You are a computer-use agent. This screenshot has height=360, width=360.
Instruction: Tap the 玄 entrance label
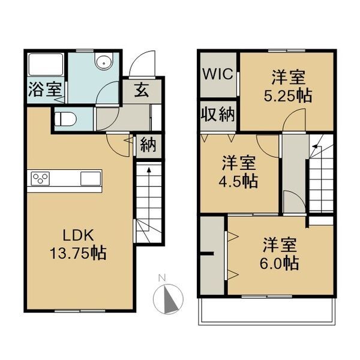coord(142,91)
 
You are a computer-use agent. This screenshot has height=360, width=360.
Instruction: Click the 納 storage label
coord(148,145)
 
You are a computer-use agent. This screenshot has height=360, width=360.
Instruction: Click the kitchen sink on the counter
coord(91,178)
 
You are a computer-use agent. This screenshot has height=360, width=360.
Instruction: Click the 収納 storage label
coord(218,114)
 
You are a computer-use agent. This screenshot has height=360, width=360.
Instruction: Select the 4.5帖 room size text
coord(239,180)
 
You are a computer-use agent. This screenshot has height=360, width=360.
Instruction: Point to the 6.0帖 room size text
coord(280,262)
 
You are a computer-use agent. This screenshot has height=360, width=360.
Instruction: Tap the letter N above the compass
coord(161,277)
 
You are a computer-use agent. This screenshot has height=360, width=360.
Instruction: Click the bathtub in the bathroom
coord(45,65)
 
